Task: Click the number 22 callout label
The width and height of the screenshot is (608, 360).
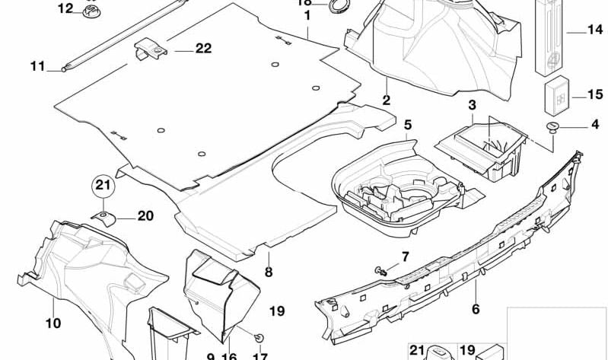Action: click(202, 48)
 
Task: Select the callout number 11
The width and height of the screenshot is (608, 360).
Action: click(38, 66)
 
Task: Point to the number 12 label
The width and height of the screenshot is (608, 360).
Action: click(66, 9)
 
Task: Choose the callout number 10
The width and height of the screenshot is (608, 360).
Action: click(53, 323)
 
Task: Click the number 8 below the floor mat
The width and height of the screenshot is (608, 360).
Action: click(268, 272)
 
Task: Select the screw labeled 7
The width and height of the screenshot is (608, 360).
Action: click(382, 269)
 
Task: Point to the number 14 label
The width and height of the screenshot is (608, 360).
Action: click(594, 30)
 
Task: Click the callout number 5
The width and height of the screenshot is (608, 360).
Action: click(407, 123)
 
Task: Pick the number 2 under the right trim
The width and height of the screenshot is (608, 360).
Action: click(386, 100)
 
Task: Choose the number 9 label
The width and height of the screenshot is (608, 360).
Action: click(211, 356)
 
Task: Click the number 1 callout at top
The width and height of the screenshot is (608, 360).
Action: click(307, 14)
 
